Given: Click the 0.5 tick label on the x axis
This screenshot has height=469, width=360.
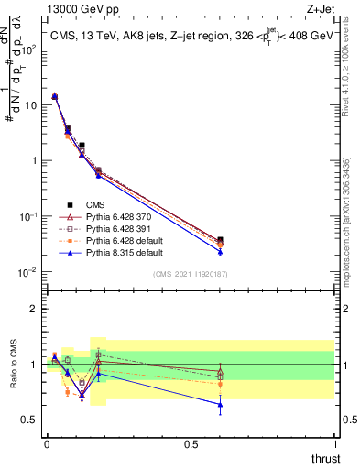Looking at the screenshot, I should [191, 444].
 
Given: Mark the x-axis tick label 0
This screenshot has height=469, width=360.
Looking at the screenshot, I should [47, 444].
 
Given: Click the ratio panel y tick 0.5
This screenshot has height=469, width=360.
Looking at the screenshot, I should [27, 420].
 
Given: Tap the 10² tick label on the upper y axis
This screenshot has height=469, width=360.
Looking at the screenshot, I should [27, 49].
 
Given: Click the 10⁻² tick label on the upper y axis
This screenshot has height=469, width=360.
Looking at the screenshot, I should [27, 272].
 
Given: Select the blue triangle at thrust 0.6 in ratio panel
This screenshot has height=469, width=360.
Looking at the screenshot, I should [220, 404].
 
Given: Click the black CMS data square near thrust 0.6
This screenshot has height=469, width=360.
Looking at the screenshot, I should [220, 239].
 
